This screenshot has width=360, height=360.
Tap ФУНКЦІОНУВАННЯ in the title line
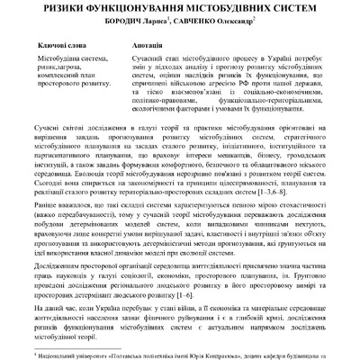[x=157, y=7]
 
